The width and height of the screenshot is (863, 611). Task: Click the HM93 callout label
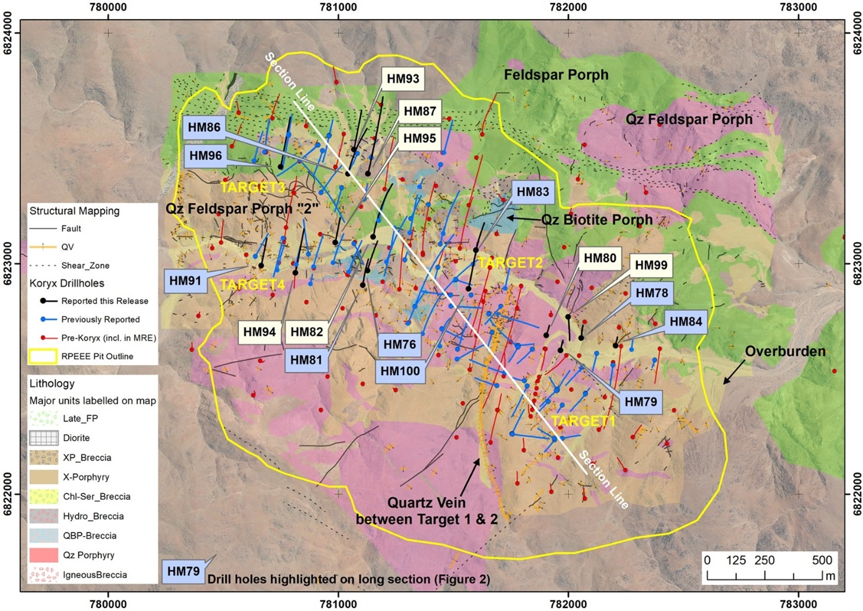tap(402, 78)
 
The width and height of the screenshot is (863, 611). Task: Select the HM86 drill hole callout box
tap(204, 127)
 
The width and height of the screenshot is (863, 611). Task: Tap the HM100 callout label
tap(400, 371)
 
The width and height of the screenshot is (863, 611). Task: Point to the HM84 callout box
tap(685, 321)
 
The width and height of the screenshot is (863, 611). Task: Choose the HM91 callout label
tap(185, 281)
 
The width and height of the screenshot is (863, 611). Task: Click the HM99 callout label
tap(650, 265)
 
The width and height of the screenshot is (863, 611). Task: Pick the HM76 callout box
tap(400, 345)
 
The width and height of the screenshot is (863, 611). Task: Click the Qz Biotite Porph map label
tap(596, 220)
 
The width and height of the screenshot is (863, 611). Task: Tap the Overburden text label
tap(785, 351)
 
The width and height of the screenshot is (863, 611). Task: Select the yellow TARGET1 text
tap(582, 421)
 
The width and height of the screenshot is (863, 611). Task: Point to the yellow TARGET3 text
tap(253, 187)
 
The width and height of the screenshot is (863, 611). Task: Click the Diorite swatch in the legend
tap(44, 438)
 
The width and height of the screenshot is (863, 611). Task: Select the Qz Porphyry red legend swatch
tap(44, 555)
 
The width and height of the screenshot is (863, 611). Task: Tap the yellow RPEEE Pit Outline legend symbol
tap(44, 356)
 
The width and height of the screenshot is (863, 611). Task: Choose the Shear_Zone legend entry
tap(85, 265)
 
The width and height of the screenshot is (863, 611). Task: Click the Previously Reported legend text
tap(100, 319)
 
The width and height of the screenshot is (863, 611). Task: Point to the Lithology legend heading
tap(52, 384)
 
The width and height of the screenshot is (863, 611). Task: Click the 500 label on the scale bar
tap(822, 560)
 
